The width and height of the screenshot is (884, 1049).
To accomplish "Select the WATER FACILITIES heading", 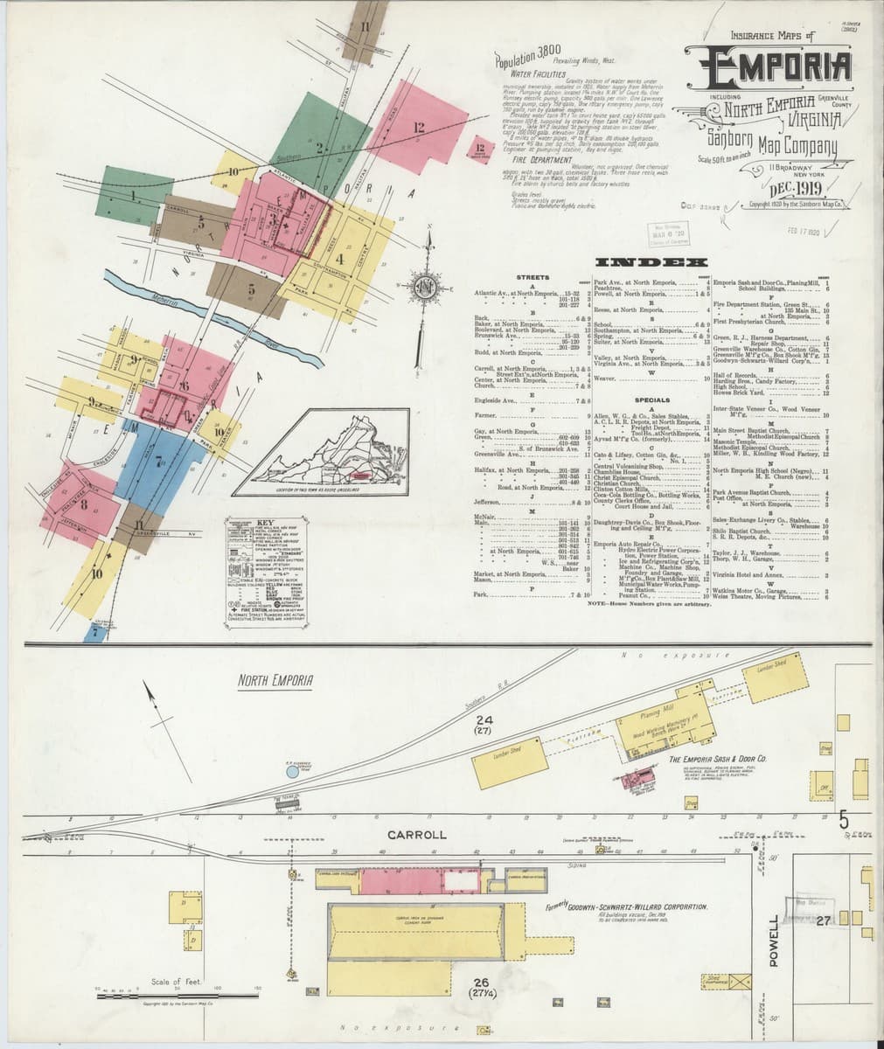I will [x=533, y=77].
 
